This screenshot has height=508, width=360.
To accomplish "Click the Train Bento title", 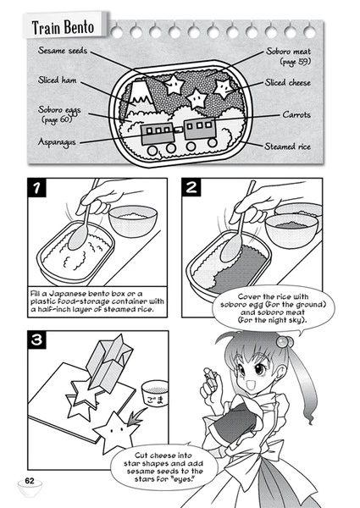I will click(x=59, y=27).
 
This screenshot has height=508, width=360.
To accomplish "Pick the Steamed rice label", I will click(x=291, y=146).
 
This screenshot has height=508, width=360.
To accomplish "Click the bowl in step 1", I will click(x=135, y=221).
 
